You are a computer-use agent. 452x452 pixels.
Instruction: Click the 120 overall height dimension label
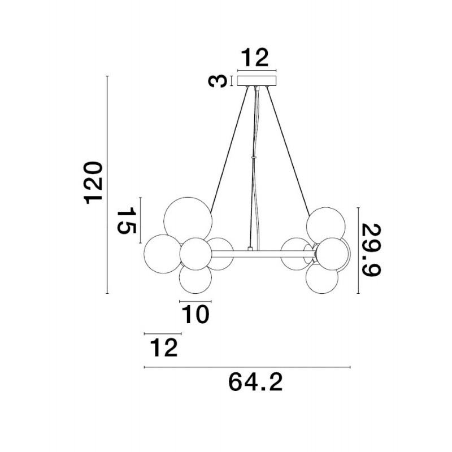93,183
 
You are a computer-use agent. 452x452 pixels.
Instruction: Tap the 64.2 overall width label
255,383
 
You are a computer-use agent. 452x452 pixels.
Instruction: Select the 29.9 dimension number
372,250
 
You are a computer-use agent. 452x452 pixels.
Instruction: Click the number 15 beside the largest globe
126,220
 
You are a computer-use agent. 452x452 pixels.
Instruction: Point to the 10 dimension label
195,314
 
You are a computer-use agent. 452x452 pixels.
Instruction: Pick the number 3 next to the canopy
218,81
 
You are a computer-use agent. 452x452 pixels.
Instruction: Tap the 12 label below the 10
164,347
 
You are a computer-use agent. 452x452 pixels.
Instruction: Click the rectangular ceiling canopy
257,81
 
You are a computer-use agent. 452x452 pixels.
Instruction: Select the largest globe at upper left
188,221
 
